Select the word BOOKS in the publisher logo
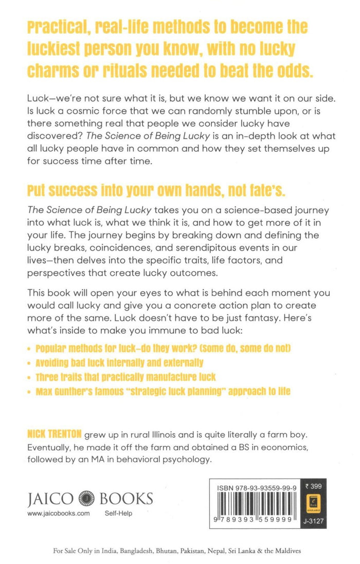pos(126,499)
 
